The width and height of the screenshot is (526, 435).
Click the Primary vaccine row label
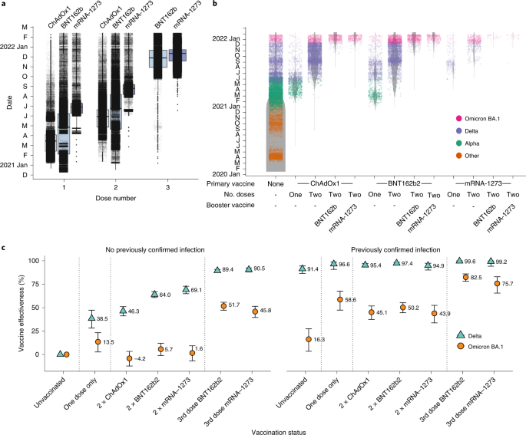click(230, 183)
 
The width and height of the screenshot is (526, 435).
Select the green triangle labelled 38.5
click(92, 318)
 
